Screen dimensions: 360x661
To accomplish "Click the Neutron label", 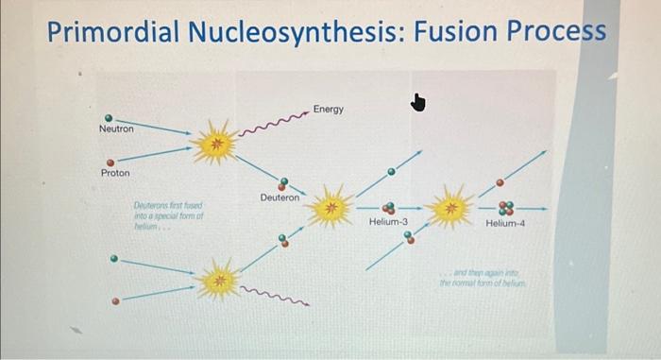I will tap(116, 129).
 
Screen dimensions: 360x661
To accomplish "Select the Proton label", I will tap(115, 174).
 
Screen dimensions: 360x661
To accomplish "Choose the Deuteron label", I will tap(280, 197).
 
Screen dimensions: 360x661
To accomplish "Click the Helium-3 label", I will tap(388, 222).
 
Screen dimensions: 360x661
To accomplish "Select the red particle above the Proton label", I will tap(110, 162).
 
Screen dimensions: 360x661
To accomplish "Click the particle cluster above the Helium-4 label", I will tap(506, 208).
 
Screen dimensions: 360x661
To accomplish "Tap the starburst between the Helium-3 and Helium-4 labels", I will tap(450, 207).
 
